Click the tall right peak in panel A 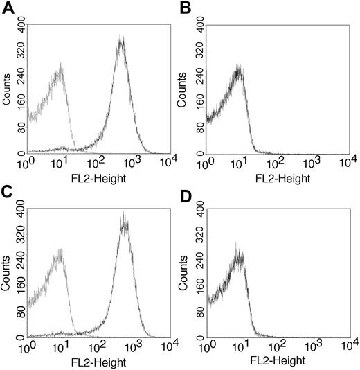121,40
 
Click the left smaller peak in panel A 61,67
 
